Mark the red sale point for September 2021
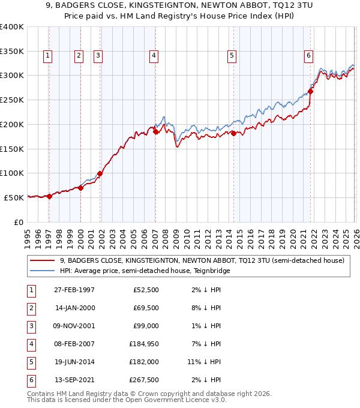(310, 92)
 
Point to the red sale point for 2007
(155, 132)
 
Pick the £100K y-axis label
(12, 173)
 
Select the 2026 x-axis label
(355, 237)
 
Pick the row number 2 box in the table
(31, 308)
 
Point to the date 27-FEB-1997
(75, 290)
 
